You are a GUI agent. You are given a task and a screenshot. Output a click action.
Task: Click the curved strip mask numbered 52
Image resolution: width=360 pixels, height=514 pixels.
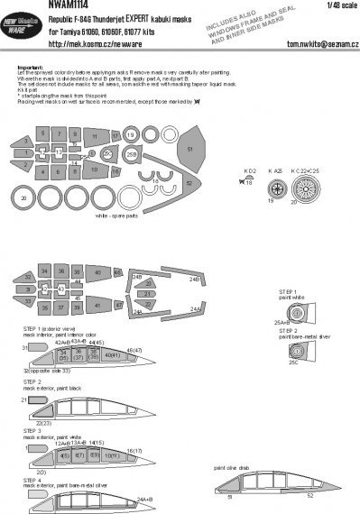[189, 181]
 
